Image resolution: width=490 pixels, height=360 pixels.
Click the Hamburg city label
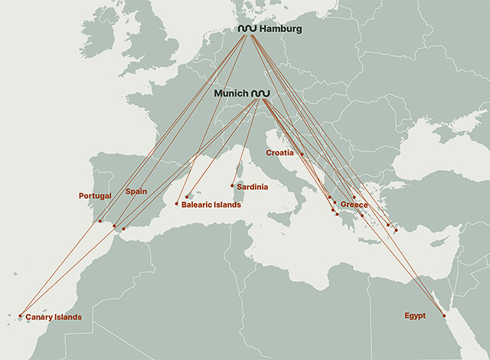point(280,29)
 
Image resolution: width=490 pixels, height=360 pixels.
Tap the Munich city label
point(231,93)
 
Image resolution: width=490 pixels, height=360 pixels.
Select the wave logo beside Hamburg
point(247,29)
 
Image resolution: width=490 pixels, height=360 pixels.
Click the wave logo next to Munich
point(261,93)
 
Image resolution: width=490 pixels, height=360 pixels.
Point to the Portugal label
point(95,196)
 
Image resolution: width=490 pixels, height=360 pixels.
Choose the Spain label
point(136,191)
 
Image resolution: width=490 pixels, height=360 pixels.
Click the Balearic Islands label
point(211,205)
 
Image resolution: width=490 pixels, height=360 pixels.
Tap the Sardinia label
point(252,186)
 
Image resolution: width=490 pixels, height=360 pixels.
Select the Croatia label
point(279,153)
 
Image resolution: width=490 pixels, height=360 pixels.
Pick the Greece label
point(354,205)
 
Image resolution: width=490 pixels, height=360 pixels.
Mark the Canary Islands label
point(53,317)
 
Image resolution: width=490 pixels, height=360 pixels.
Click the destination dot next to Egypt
point(444,316)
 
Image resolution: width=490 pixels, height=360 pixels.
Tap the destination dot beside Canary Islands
point(20,316)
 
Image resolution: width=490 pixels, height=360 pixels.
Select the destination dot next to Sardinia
point(233,185)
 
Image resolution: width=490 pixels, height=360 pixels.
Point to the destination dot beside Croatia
point(302,155)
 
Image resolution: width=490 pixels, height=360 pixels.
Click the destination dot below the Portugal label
point(100,221)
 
